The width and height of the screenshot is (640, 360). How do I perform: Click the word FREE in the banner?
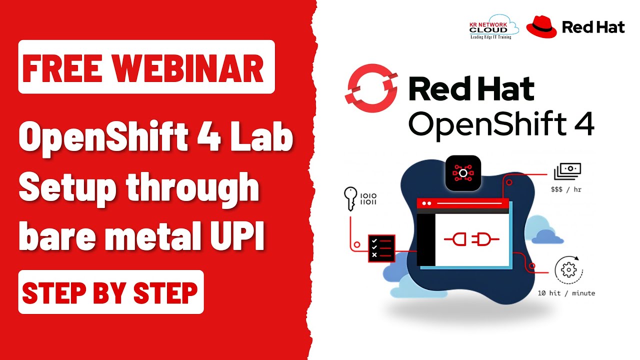62,68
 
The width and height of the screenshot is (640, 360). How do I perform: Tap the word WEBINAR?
187,68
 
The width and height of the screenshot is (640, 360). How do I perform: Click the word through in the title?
192,188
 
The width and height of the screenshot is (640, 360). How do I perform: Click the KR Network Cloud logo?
493,27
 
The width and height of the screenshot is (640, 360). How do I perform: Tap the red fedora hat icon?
541,27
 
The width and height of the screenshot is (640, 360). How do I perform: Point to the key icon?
350,198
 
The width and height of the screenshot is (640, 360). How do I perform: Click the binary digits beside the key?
368,199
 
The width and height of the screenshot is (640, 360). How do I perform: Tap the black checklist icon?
381,248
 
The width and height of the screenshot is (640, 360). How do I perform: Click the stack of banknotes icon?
567,171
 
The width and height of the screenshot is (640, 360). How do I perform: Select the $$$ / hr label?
566,189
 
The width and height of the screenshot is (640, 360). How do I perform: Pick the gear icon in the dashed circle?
568,269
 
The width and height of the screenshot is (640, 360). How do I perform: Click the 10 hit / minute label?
566,293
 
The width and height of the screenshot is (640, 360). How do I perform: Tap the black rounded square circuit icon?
463,173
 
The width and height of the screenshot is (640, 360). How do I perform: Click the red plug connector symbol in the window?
471,239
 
